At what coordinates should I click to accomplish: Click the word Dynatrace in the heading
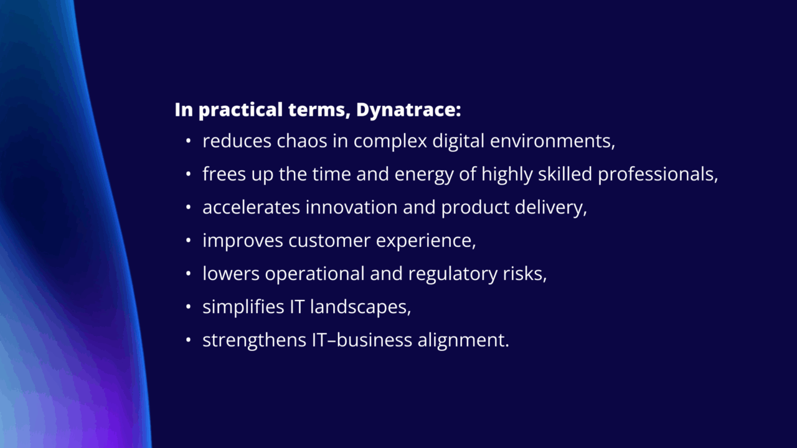[x=408, y=110]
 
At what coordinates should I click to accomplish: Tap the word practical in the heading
[x=240, y=110]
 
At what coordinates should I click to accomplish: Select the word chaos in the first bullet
[x=302, y=141]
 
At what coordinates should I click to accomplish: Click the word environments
[x=552, y=141]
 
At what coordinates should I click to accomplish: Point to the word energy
[x=424, y=175]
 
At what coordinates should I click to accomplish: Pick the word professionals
[x=658, y=175]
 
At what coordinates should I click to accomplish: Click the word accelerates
[x=251, y=207]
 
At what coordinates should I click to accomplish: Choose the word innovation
[x=352, y=207]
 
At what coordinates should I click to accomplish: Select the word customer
[x=329, y=241]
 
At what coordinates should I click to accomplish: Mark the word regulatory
[x=453, y=274]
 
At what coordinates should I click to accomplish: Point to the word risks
[x=524, y=274]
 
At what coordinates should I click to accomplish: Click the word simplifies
[x=243, y=307]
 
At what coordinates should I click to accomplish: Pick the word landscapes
[x=361, y=307]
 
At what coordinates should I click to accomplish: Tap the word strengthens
[x=255, y=340]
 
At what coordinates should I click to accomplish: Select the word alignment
[x=463, y=340]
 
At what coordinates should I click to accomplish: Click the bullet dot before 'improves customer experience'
[x=189, y=241]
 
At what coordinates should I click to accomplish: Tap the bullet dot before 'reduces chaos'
[x=189, y=141]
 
